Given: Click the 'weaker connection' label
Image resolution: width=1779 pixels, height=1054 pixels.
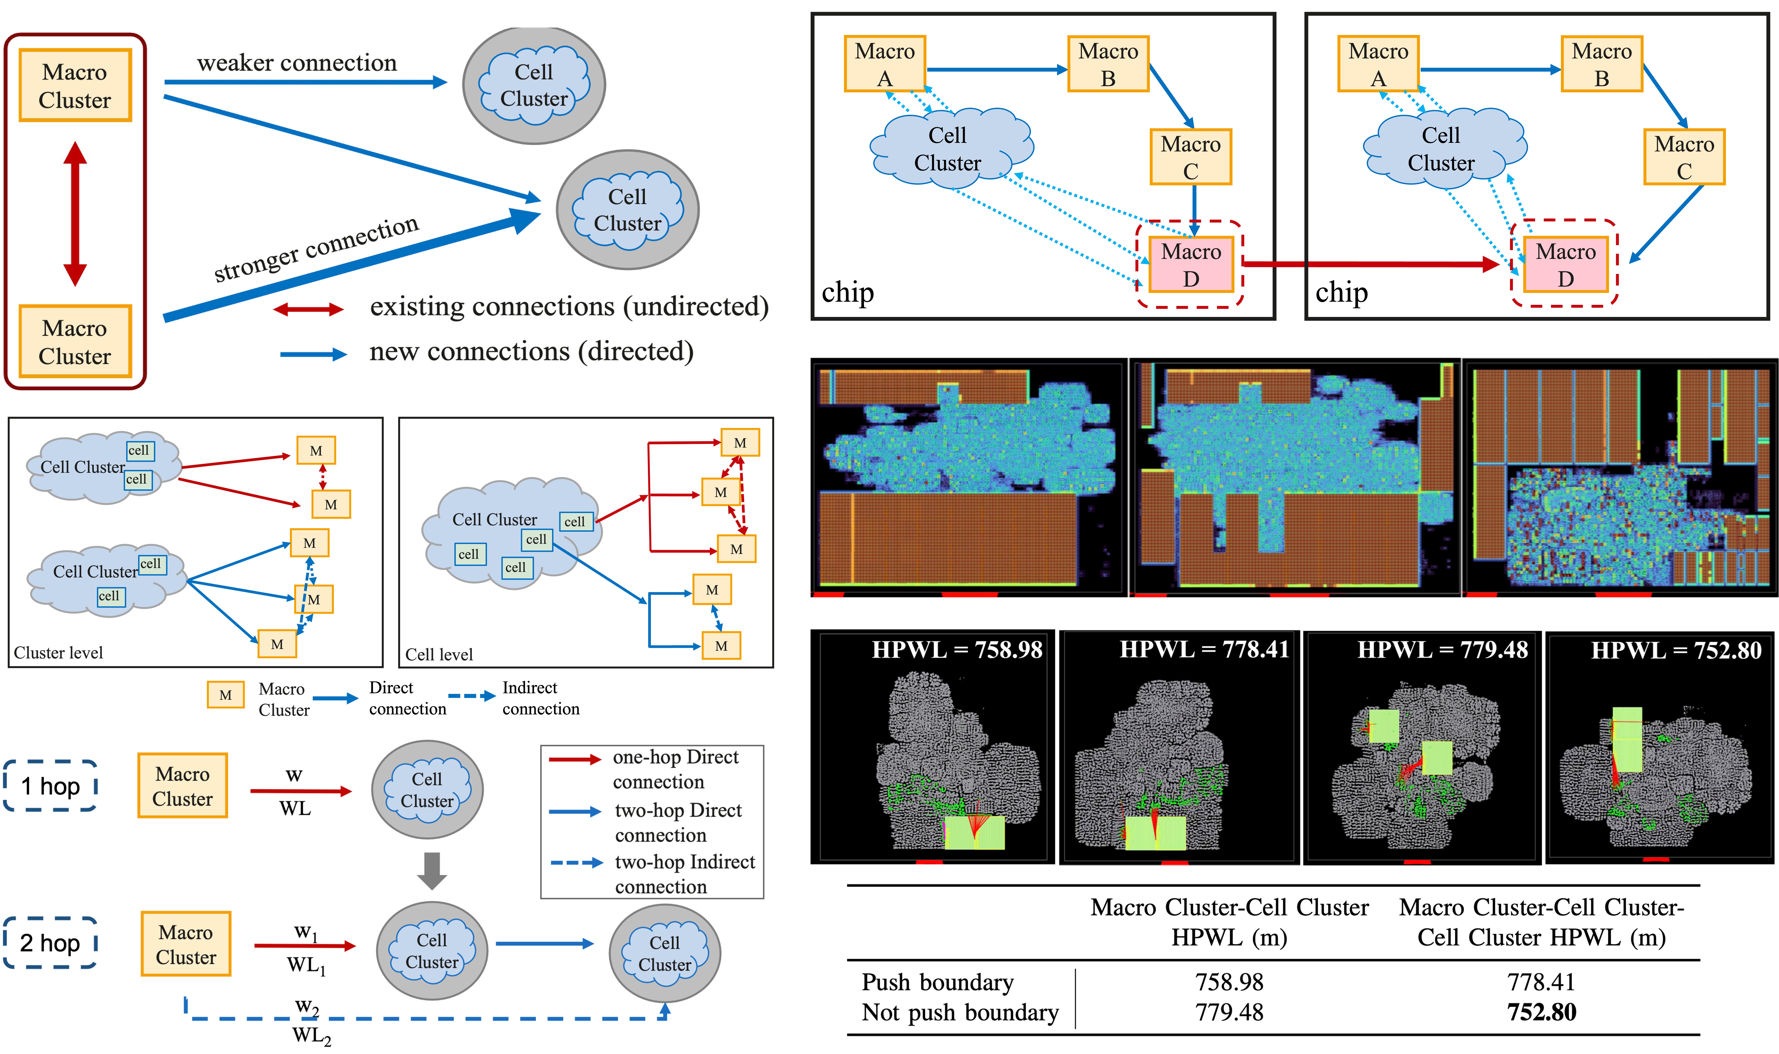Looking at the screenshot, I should click(x=297, y=63).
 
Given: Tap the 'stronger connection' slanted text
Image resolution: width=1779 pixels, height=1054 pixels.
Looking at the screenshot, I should click(x=317, y=249).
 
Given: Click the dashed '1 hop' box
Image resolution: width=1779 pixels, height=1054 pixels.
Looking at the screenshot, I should click(x=50, y=786).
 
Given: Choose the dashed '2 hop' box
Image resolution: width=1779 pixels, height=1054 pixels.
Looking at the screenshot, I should click(x=50, y=942).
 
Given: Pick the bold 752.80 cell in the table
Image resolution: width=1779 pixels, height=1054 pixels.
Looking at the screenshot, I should click(x=1541, y=1012).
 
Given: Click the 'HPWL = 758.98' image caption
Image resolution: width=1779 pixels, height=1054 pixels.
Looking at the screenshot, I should click(x=956, y=650).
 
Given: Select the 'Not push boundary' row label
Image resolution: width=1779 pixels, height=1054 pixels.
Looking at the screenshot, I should click(x=960, y=1012).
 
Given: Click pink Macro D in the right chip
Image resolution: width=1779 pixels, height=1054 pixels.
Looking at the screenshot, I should click(x=1565, y=264).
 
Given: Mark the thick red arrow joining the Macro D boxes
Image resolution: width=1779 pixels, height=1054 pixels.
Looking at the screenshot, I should click(x=1370, y=264).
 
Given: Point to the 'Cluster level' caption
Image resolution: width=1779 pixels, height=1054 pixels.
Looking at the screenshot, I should click(x=58, y=653).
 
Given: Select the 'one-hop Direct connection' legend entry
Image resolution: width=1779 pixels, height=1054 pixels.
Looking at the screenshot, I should click(x=674, y=769).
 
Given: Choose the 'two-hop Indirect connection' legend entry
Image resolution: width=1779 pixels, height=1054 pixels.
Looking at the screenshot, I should click(x=684, y=874).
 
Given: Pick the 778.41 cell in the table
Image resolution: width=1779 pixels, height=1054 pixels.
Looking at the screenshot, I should click(x=1541, y=982).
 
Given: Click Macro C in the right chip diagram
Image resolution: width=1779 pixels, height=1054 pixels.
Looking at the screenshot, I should click(x=1684, y=157).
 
